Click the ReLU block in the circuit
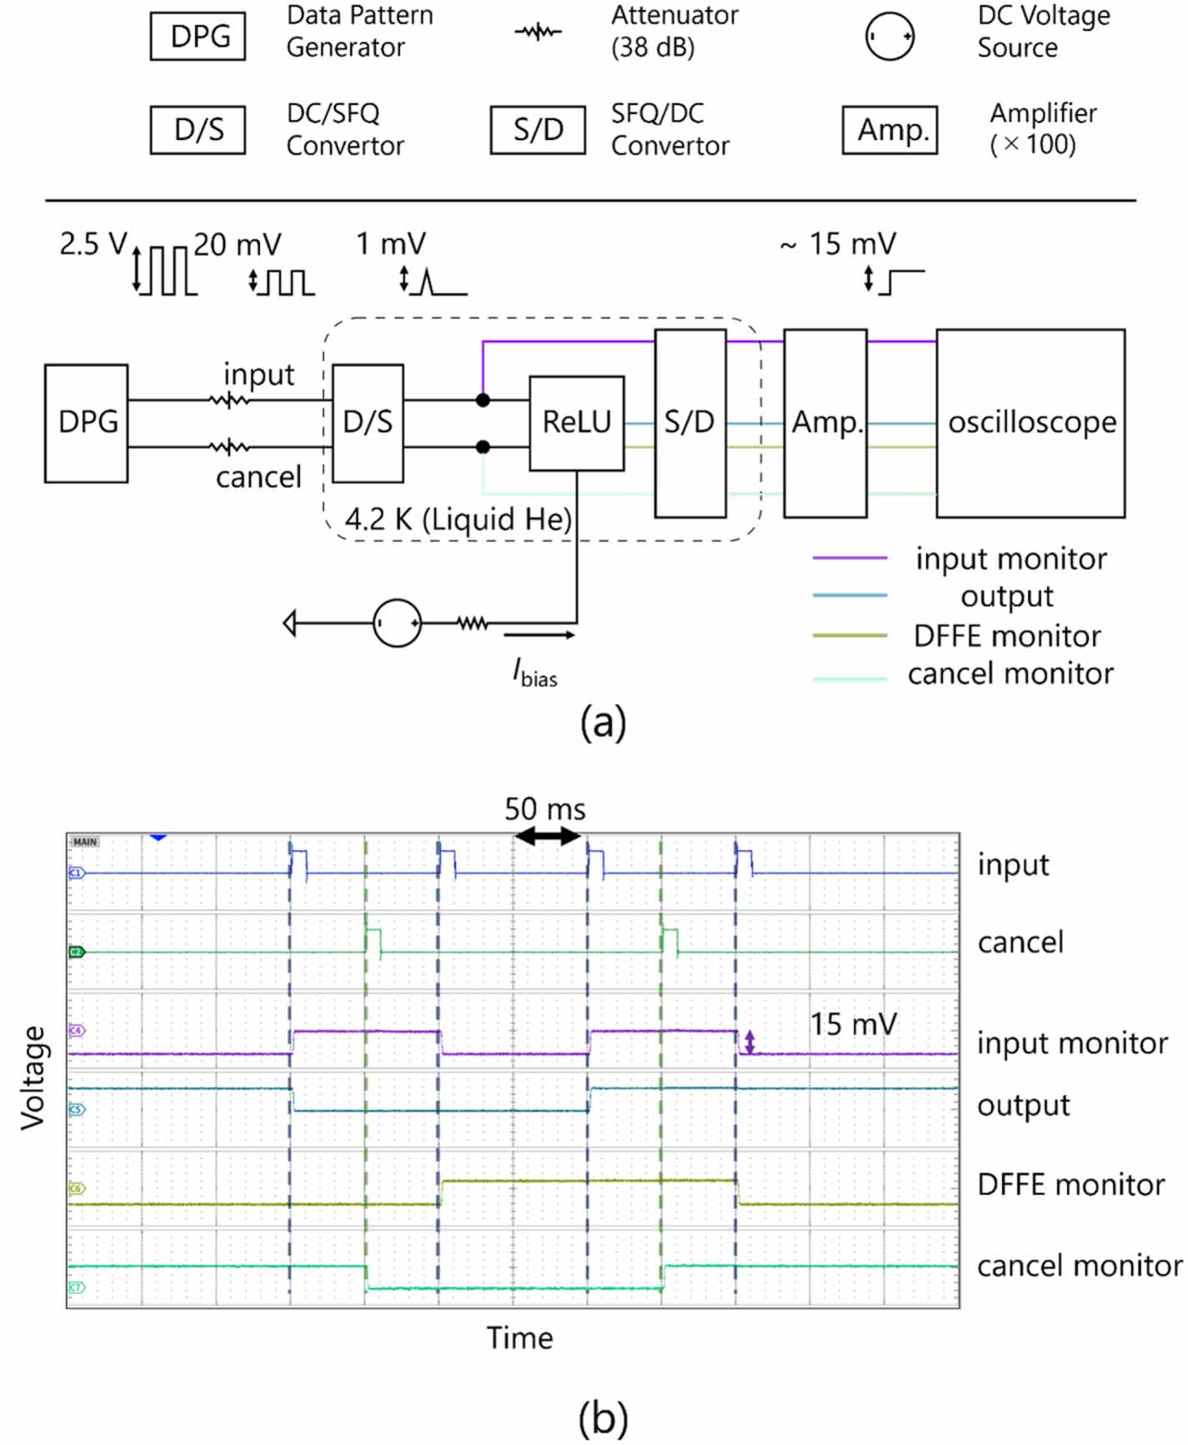click(576, 423)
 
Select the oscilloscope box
click(1030, 423)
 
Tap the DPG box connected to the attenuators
click(87, 423)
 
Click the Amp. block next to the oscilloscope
click(825, 423)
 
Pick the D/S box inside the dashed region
click(368, 423)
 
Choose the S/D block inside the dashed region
click(689, 423)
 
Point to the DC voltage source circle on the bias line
click(397, 623)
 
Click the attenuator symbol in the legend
click(539, 33)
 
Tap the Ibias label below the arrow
click(534, 672)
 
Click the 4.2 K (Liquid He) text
click(458, 519)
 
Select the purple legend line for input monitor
click(850, 558)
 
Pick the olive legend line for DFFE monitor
click(850, 635)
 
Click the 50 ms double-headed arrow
click(547, 835)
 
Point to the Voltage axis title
click(33, 1077)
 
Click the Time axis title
click(520, 1338)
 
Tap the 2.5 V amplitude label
click(93, 244)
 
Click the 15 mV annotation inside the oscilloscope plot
click(853, 1024)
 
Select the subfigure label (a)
click(603, 722)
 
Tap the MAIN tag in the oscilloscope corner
click(85, 842)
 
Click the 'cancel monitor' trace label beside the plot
click(1079, 1266)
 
